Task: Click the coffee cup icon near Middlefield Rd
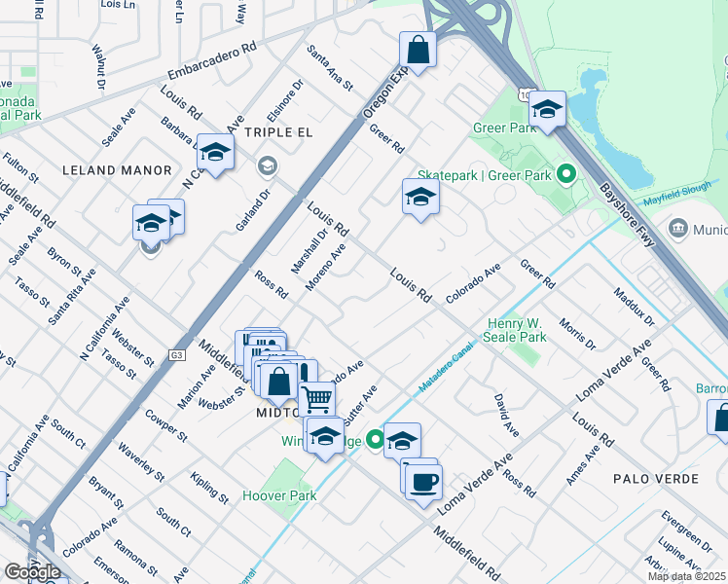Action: (x=423, y=481)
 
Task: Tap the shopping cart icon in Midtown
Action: (x=317, y=397)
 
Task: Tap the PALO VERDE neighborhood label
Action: (x=656, y=479)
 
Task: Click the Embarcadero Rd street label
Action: (x=211, y=60)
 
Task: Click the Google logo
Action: (x=32, y=572)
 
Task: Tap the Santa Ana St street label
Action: (x=329, y=67)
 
